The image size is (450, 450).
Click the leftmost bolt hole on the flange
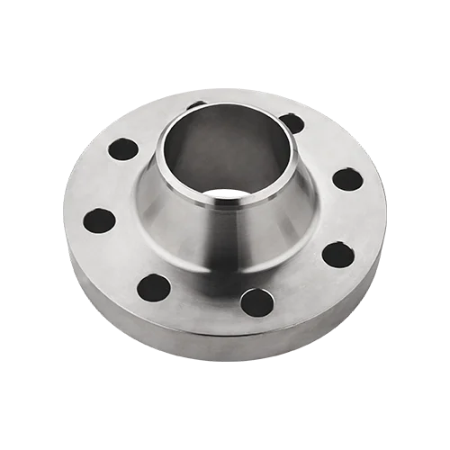[101, 219]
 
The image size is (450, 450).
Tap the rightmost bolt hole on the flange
[346, 178]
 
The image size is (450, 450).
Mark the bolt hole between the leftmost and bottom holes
[154, 287]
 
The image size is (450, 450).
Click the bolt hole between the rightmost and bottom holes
[337, 255]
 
